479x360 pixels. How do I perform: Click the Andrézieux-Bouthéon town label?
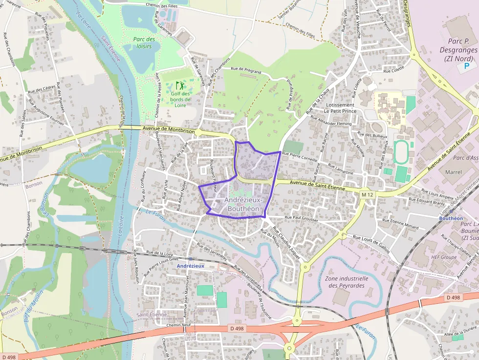[244, 204]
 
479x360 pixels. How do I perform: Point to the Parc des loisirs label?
[144, 42]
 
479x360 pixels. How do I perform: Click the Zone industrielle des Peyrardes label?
[346, 281]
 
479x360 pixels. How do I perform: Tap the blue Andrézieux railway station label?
[190, 266]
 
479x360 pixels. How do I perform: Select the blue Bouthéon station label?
[451, 218]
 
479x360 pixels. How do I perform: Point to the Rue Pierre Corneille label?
[300, 156]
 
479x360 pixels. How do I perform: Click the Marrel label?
[453, 172]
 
